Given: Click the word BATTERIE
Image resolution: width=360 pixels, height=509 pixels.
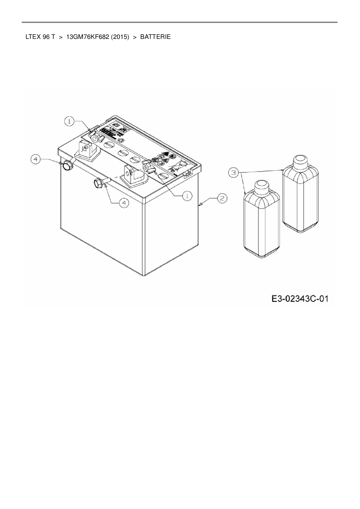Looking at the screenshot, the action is (155, 37).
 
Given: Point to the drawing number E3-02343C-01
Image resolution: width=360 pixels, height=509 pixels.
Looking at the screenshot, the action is (300, 299).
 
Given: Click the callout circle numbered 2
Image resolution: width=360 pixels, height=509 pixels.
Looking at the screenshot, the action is (222, 198).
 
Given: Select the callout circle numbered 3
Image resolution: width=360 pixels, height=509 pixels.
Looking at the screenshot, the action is (233, 173).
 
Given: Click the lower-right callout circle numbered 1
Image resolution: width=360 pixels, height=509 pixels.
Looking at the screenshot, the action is (187, 196).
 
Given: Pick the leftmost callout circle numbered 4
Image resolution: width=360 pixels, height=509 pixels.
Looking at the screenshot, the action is (36, 159).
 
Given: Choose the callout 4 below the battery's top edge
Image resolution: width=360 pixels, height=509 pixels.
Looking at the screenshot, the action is (124, 203).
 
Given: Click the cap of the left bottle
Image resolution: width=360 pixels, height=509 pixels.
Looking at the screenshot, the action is (261, 185).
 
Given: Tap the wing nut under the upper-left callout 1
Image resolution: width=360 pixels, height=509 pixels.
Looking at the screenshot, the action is (94, 136).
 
